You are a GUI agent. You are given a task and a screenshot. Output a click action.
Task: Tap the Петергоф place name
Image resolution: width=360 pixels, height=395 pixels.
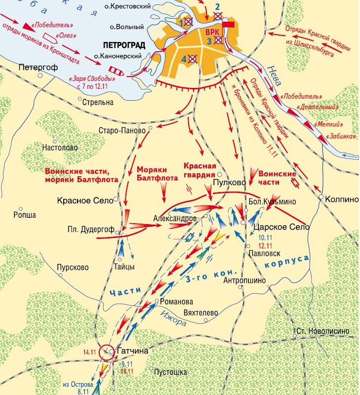coord(39,67)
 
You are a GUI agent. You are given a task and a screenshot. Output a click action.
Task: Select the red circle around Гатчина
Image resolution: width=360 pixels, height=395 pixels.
coord(106,352)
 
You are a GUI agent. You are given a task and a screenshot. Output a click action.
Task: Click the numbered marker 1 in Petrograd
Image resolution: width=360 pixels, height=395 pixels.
coord(183,22)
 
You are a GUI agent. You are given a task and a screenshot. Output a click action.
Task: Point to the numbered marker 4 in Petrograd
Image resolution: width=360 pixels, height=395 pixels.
coord(185,59)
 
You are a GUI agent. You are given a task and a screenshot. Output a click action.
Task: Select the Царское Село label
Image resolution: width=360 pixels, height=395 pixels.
coord(280,227)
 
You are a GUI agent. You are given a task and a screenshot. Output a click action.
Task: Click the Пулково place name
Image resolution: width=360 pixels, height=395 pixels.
coord(228,182)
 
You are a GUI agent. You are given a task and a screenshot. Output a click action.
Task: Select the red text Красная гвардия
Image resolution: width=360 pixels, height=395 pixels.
coord(200,170)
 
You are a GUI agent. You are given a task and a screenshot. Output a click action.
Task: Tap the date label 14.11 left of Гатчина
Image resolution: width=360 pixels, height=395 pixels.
coord(89,352)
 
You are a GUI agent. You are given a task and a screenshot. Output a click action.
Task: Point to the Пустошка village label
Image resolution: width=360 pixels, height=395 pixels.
coord(170,371)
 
